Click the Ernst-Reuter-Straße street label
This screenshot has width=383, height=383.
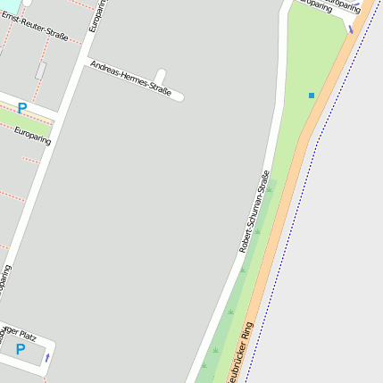(x=35, y=26)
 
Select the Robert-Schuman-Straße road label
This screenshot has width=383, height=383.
(x=254, y=212)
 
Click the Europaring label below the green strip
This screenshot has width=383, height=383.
(x=33, y=136)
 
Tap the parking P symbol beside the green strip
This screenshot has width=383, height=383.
(x=22, y=108)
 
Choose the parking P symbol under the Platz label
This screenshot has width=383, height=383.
(x=20, y=350)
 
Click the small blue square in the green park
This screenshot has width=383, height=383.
(x=312, y=95)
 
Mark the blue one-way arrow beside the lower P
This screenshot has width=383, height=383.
(x=47, y=357)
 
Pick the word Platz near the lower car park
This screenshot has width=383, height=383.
(x=26, y=335)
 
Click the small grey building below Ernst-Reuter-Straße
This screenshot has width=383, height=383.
(x=41, y=70)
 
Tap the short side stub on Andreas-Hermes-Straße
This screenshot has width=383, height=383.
(x=160, y=77)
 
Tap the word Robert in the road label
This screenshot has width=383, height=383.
(x=244, y=240)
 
